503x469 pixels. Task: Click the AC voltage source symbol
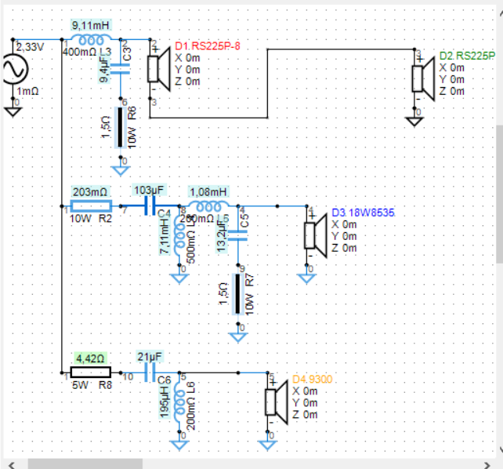(16, 69)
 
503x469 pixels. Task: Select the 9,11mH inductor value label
(92, 25)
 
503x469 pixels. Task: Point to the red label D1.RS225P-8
(207, 46)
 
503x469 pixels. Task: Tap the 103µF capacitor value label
(150, 191)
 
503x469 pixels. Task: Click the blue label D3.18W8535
(361, 213)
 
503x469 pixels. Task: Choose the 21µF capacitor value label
(150, 358)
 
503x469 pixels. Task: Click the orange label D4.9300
(312, 378)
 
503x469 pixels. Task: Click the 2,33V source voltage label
(31, 47)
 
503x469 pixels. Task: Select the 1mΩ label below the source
(28, 90)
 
